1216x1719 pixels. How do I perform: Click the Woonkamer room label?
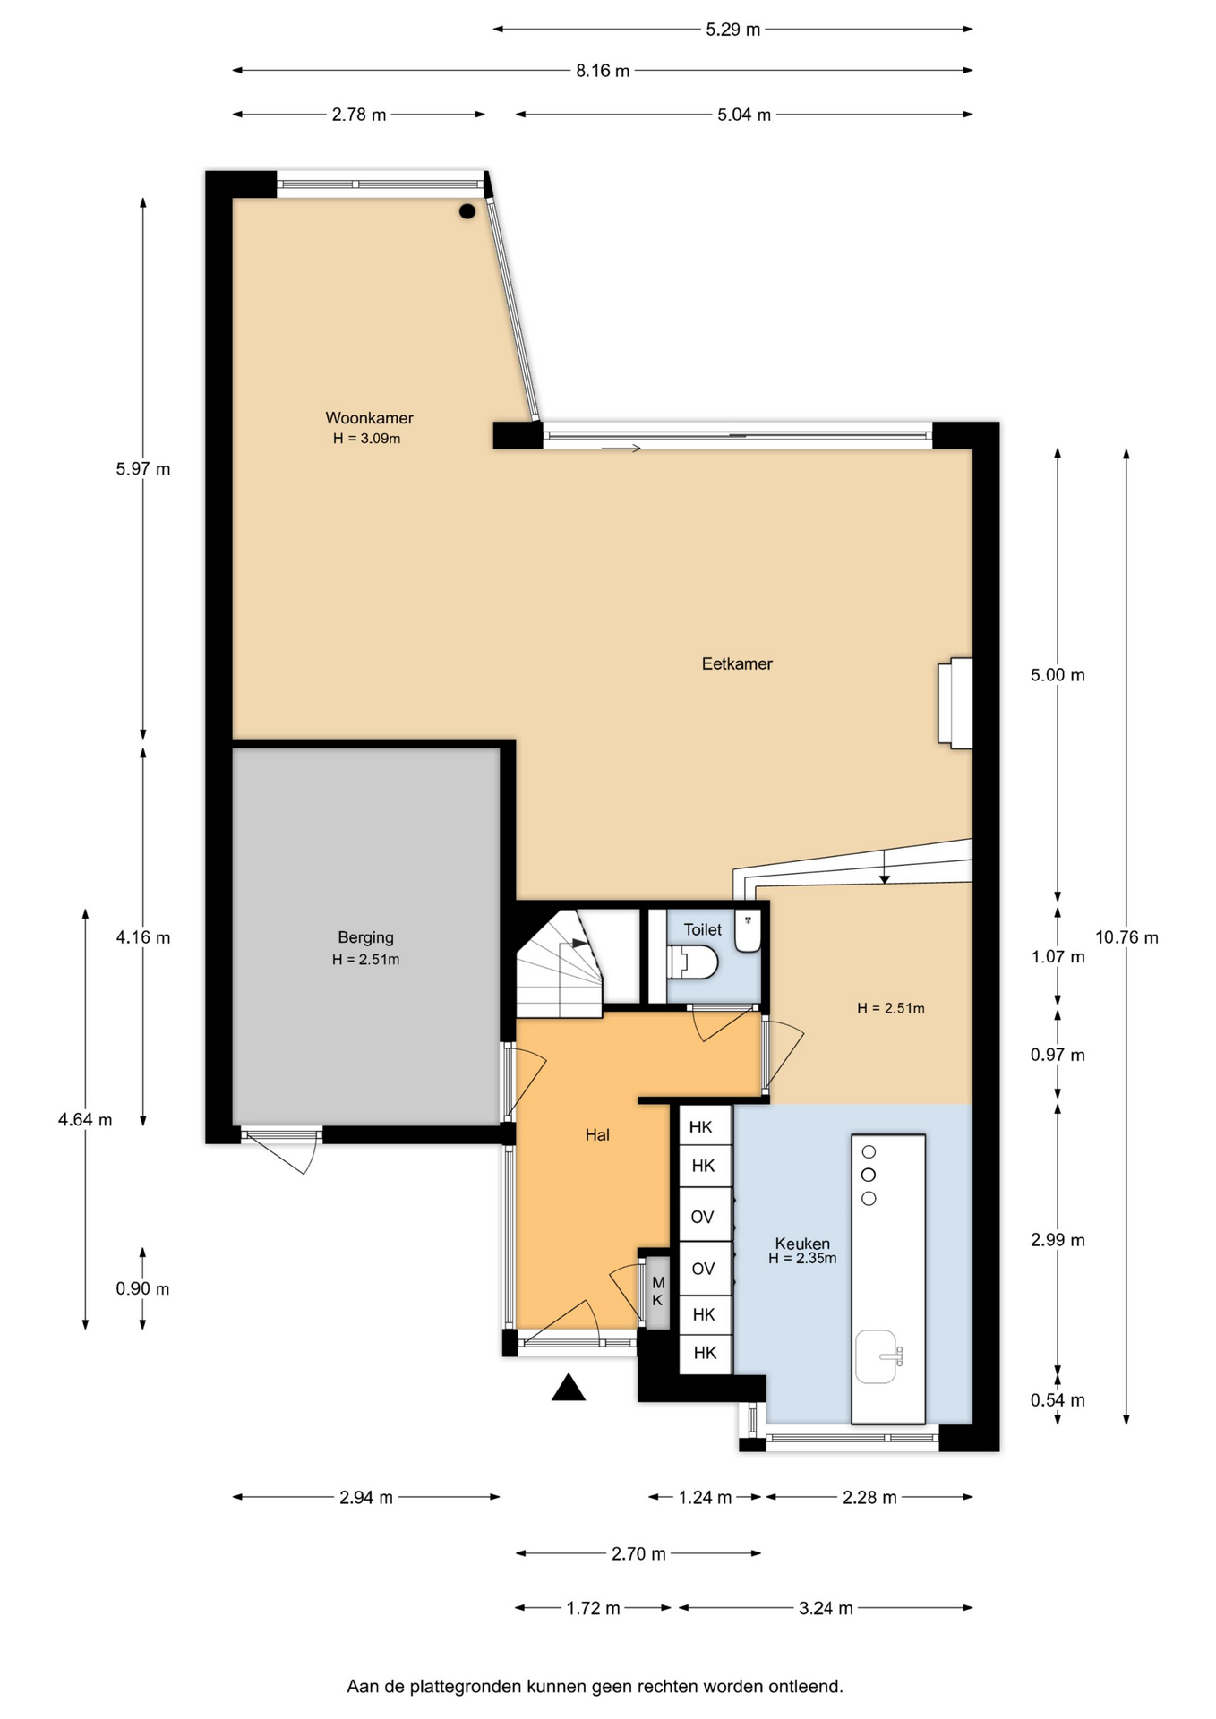click(369, 417)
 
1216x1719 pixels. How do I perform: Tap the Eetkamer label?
click(737, 663)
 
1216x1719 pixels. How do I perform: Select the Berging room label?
click(365, 937)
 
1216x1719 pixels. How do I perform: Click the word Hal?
click(597, 1134)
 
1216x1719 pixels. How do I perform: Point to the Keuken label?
click(802, 1243)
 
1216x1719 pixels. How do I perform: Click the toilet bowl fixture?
click(693, 962)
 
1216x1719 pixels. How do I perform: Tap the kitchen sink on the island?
click(878, 1356)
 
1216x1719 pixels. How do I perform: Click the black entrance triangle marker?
click(568, 1388)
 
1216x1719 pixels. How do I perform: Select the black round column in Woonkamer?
click(467, 211)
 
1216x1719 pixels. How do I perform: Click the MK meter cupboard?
click(657, 1291)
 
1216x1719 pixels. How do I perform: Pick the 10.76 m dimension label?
click(1126, 937)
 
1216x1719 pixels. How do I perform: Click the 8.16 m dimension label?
click(603, 71)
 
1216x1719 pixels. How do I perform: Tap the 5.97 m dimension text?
click(143, 468)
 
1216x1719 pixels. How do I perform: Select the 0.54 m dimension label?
click(1058, 1400)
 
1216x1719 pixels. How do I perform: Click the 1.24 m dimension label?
click(705, 1497)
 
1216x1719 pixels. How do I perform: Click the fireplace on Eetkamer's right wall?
click(955, 703)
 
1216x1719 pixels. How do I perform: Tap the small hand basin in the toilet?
click(748, 931)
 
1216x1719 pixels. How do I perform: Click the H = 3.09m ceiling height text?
click(366, 439)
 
